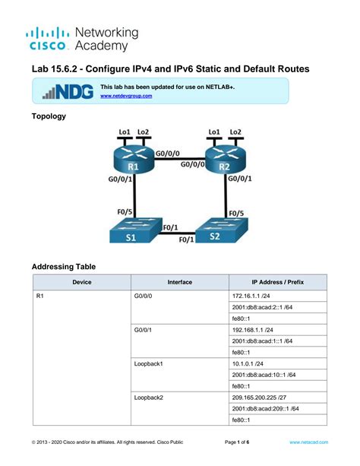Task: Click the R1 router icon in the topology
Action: [134, 160]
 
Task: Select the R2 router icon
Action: [226, 160]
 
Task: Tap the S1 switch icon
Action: [136, 230]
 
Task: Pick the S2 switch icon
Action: [221, 230]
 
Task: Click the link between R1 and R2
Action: [180, 159]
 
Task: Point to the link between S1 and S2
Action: [176, 233]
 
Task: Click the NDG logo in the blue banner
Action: [68, 91]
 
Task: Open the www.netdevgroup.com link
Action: [126, 96]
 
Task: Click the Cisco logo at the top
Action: [48, 39]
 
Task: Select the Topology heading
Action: [49, 116]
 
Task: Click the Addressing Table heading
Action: [64, 267]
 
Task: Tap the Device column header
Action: [82, 282]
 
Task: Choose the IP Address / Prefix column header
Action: [278, 282]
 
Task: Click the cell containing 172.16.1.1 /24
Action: [278, 296]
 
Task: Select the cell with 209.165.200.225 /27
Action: [278, 398]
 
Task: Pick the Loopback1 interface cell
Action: [180, 375]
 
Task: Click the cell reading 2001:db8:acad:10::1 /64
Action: [278, 375]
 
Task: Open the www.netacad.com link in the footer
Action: [308, 442]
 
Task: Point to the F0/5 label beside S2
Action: [236, 214]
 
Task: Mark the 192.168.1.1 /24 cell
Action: [278, 330]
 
